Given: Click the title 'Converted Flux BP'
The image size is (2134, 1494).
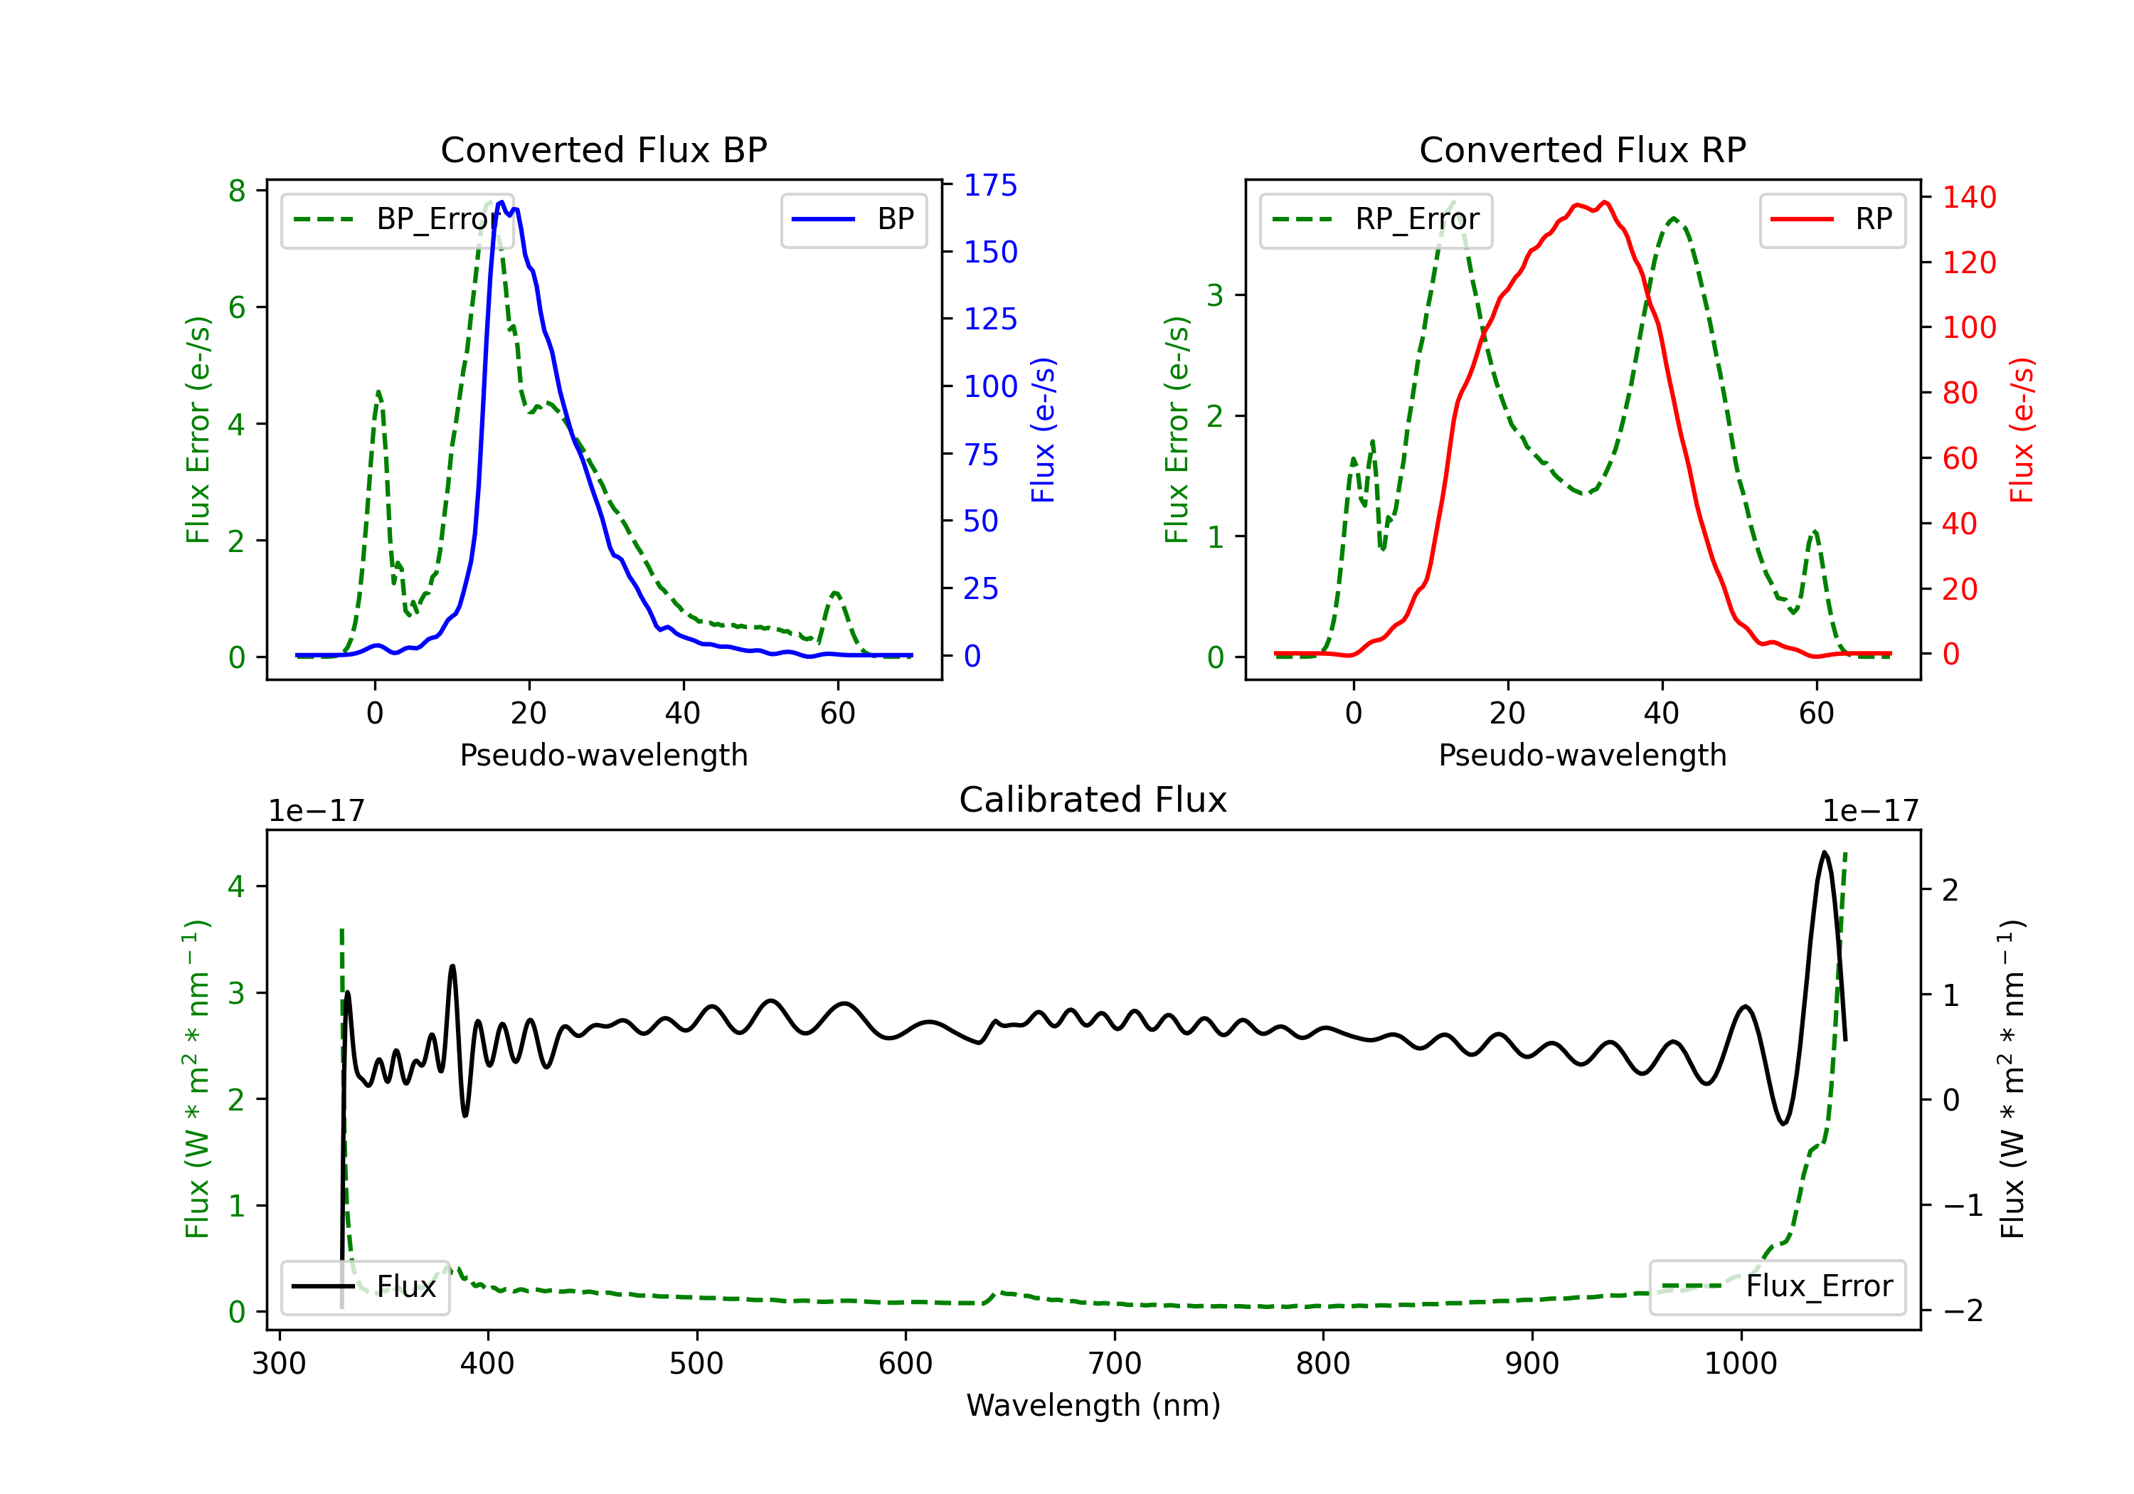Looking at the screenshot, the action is pos(603,149).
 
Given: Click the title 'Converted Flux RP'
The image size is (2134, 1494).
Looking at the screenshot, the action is pos(1582,149).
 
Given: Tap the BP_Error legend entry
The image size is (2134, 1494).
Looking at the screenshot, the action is pos(397,219).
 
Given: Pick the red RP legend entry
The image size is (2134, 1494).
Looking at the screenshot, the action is pos(1831,219).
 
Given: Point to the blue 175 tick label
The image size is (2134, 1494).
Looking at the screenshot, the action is pos(990,185).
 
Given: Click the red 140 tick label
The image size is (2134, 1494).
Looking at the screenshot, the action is pos(1968,197).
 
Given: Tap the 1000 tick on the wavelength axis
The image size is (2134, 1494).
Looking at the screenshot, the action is pos(1740,1364).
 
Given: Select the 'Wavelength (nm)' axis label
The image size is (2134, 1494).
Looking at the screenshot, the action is pos(1093,1405).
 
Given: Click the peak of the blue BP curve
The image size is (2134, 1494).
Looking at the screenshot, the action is pos(501,202).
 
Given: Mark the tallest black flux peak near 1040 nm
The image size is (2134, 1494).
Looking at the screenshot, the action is pos(1825,852).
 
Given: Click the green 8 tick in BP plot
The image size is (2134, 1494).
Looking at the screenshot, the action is pos(237,191).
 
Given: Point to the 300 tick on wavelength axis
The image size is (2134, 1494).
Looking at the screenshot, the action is pos(279,1364).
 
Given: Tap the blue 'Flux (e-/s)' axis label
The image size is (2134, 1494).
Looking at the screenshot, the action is pos(1043,430).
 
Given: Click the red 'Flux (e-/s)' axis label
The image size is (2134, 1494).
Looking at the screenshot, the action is pos(2022,430).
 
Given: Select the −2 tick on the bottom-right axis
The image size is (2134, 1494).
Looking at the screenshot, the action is pos(1962,1311).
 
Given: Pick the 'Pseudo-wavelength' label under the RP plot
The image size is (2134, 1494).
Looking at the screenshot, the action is pos(1582,755).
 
